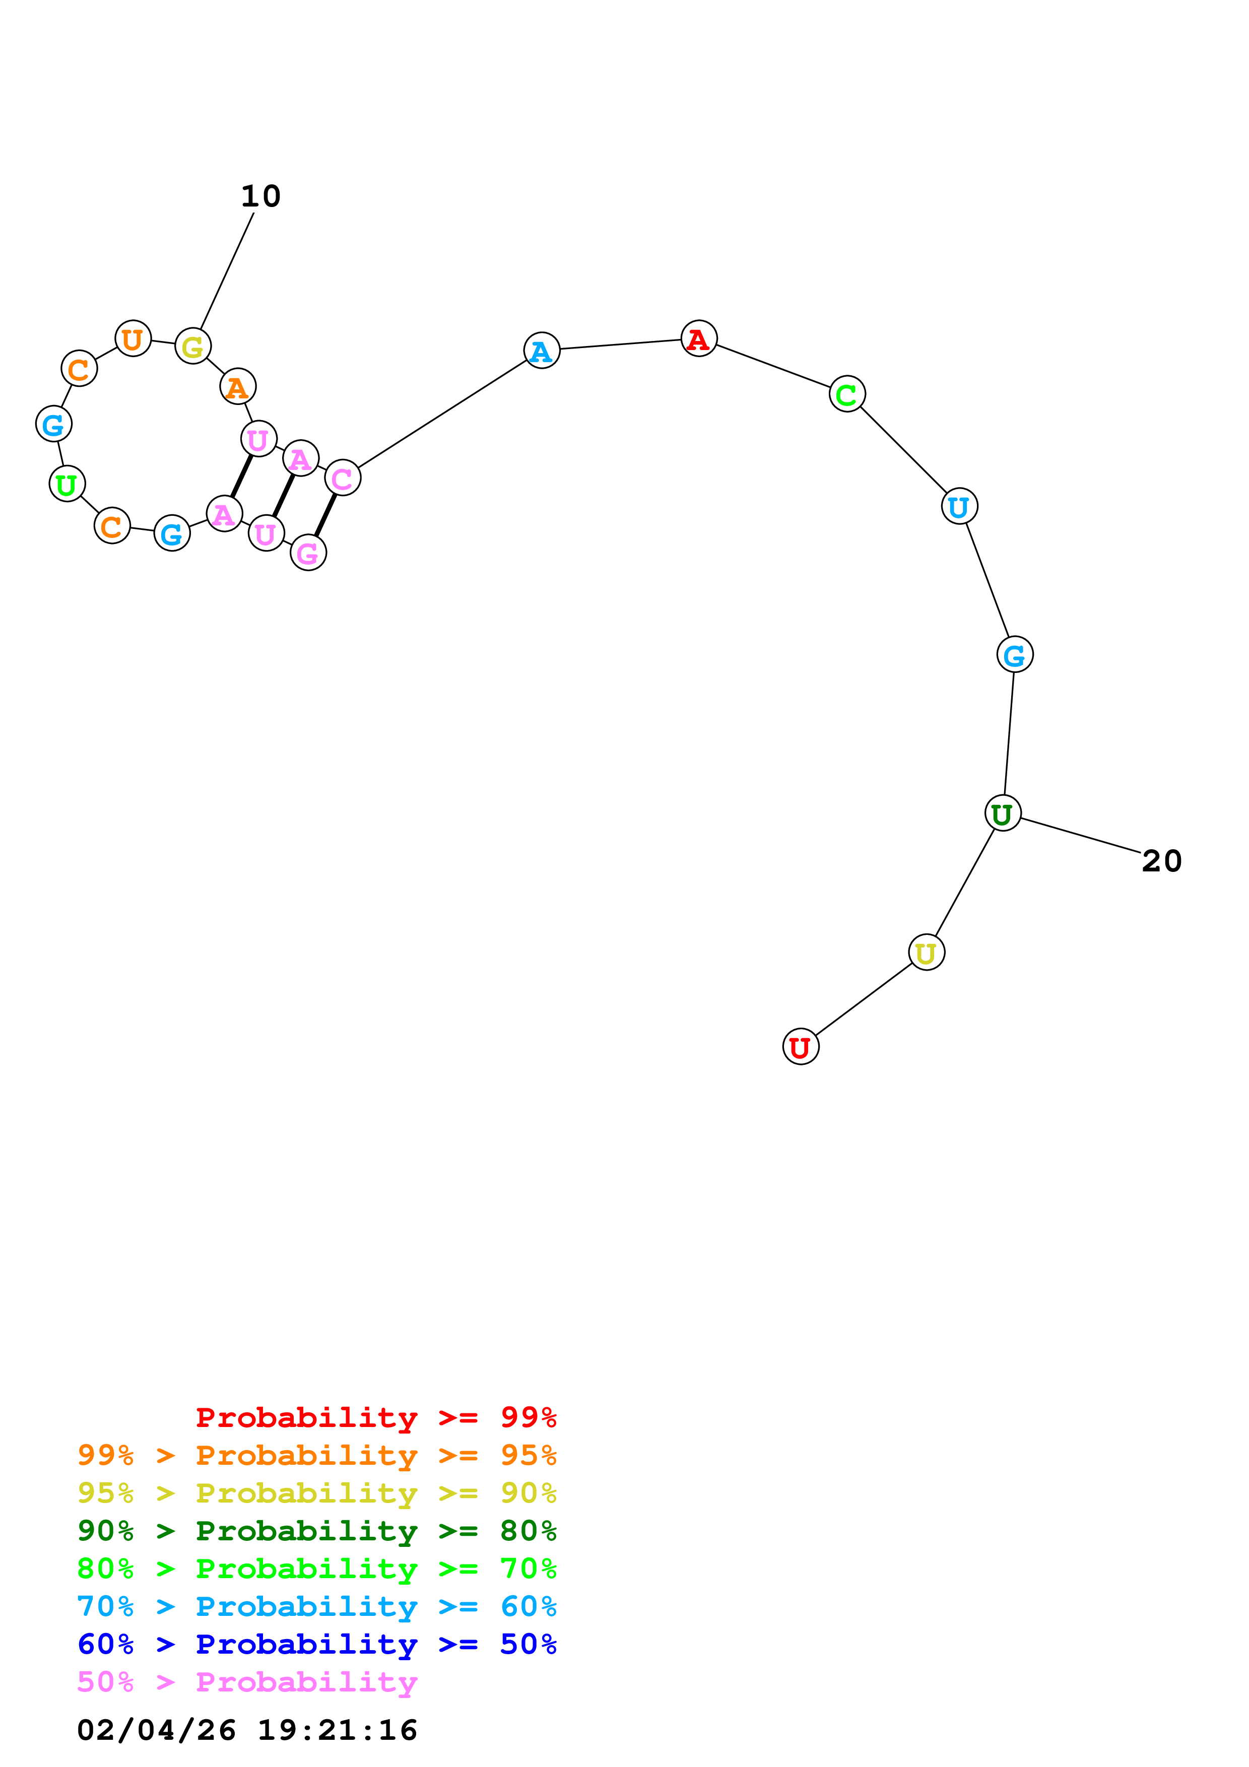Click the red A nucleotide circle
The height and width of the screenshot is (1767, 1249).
699,338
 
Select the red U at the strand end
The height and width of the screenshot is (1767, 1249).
801,1047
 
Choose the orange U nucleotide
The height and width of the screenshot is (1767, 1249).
133,338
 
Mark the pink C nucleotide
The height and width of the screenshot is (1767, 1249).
343,478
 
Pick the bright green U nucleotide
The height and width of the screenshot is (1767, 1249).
67,484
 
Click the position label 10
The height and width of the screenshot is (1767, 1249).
261,196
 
